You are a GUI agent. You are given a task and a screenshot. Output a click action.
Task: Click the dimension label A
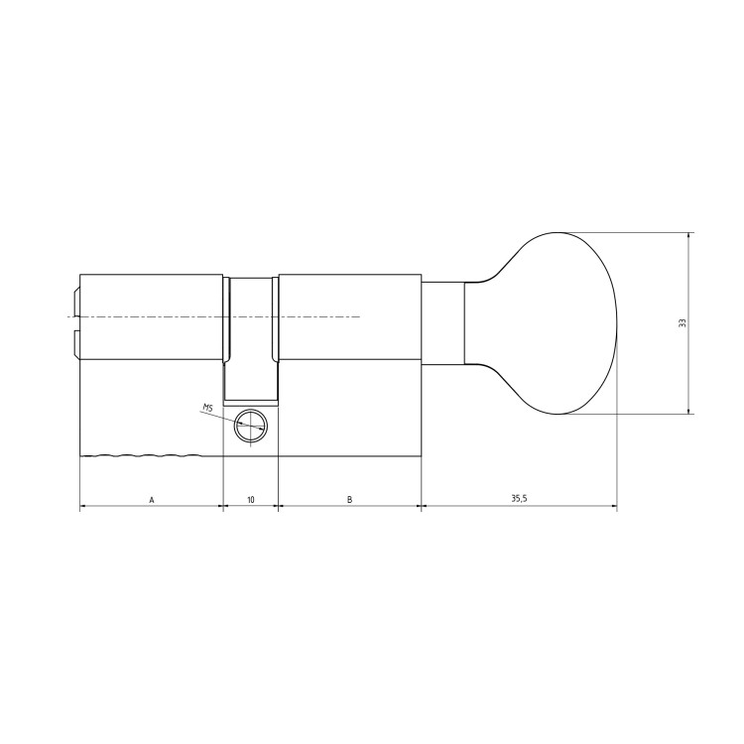[152, 500]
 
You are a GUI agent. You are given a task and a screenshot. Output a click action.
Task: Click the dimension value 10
[251, 500]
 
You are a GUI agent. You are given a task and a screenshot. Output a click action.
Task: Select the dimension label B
[350, 500]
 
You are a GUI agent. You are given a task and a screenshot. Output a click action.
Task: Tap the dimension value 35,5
[519, 499]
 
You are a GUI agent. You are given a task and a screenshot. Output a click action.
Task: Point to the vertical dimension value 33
[682, 323]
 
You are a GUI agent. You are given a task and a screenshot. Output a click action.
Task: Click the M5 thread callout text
[207, 407]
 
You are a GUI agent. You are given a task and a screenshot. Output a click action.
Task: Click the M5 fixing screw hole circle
[251, 425]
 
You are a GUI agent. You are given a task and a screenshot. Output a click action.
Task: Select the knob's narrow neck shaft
[443, 323]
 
